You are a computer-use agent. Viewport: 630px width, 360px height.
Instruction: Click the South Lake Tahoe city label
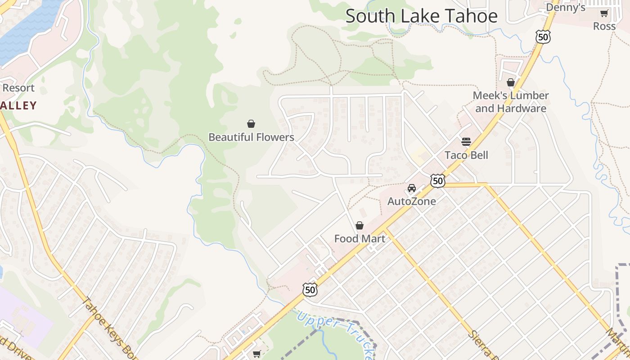pyautogui.click(x=422, y=16)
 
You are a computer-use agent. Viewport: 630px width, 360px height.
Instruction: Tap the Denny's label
pyautogui.click(x=566, y=7)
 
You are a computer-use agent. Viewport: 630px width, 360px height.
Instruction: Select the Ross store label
pyautogui.click(x=604, y=26)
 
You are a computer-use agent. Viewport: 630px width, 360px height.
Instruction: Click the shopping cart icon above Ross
pyautogui.click(x=604, y=13)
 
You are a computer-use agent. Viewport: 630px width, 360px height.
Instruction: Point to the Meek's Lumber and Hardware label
pyautogui.click(x=511, y=102)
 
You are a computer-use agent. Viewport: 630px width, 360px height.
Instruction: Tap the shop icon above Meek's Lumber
pyautogui.click(x=511, y=82)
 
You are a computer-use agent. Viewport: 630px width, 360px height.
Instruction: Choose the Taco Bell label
pyautogui.click(x=466, y=155)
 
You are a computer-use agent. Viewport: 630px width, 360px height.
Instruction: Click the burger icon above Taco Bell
pyautogui.click(x=466, y=142)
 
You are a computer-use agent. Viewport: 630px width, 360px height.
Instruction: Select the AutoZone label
pyautogui.click(x=412, y=201)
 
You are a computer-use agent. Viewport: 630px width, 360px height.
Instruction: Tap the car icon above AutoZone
pyautogui.click(x=412, y=188)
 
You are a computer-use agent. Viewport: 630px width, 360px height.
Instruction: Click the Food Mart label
pyautogui.click(x=360, y=238)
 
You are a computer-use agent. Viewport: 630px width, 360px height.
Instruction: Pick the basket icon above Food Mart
pyautogui.click(x=360, y=225)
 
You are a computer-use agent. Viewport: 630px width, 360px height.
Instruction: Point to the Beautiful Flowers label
pyautogui.click(x=251, y=137)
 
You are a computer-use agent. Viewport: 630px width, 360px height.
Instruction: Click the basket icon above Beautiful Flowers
pyautogui.click(x=251, y=124)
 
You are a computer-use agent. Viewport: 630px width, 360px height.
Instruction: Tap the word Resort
pyautogui.click(x=18, y=88)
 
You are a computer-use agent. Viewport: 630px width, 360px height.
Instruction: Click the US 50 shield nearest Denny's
pyautogui.click(x=543, y=37)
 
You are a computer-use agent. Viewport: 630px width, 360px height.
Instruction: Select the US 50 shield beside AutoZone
pyautogui.click(x=437, y=181)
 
